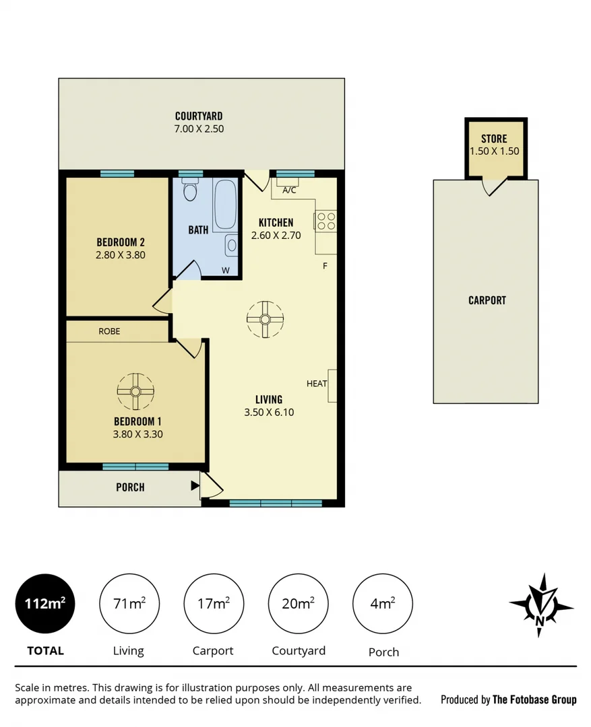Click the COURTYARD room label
coord(199,116)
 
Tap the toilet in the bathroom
coord(190,191)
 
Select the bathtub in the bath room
coord(225,204)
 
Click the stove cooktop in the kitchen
coord(326,221)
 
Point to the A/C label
coord(289,191)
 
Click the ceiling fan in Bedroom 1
coord(135,392)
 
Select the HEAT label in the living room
coord(317,384)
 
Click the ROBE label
coord(109,331)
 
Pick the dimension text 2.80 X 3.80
coord(121,255)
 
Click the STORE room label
coord(494,139)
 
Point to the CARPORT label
coord(487,300)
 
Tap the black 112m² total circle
coord(45,603)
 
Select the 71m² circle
coord(129,603)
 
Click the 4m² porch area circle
coord(383,603)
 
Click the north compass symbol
coord(540,605)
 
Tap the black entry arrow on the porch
coord(195,485)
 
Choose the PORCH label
coord(130,487)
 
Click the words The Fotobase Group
coord(534,699)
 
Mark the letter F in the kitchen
coord(325,266)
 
